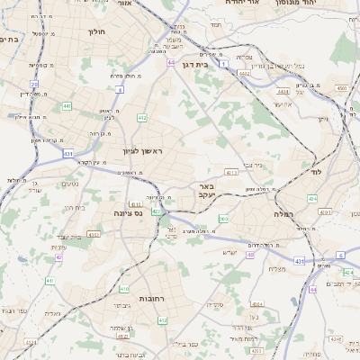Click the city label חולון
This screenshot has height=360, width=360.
(96, 31)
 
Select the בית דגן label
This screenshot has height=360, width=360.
(194, 65)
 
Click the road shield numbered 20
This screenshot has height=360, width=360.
(33, 84)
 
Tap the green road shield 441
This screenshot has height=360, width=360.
(67, 106)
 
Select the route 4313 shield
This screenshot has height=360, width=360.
(231, 172)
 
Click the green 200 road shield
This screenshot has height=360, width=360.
(223, 219)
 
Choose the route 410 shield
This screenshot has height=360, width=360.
(123, 289)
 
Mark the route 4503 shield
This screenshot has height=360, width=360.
(342, 87)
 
